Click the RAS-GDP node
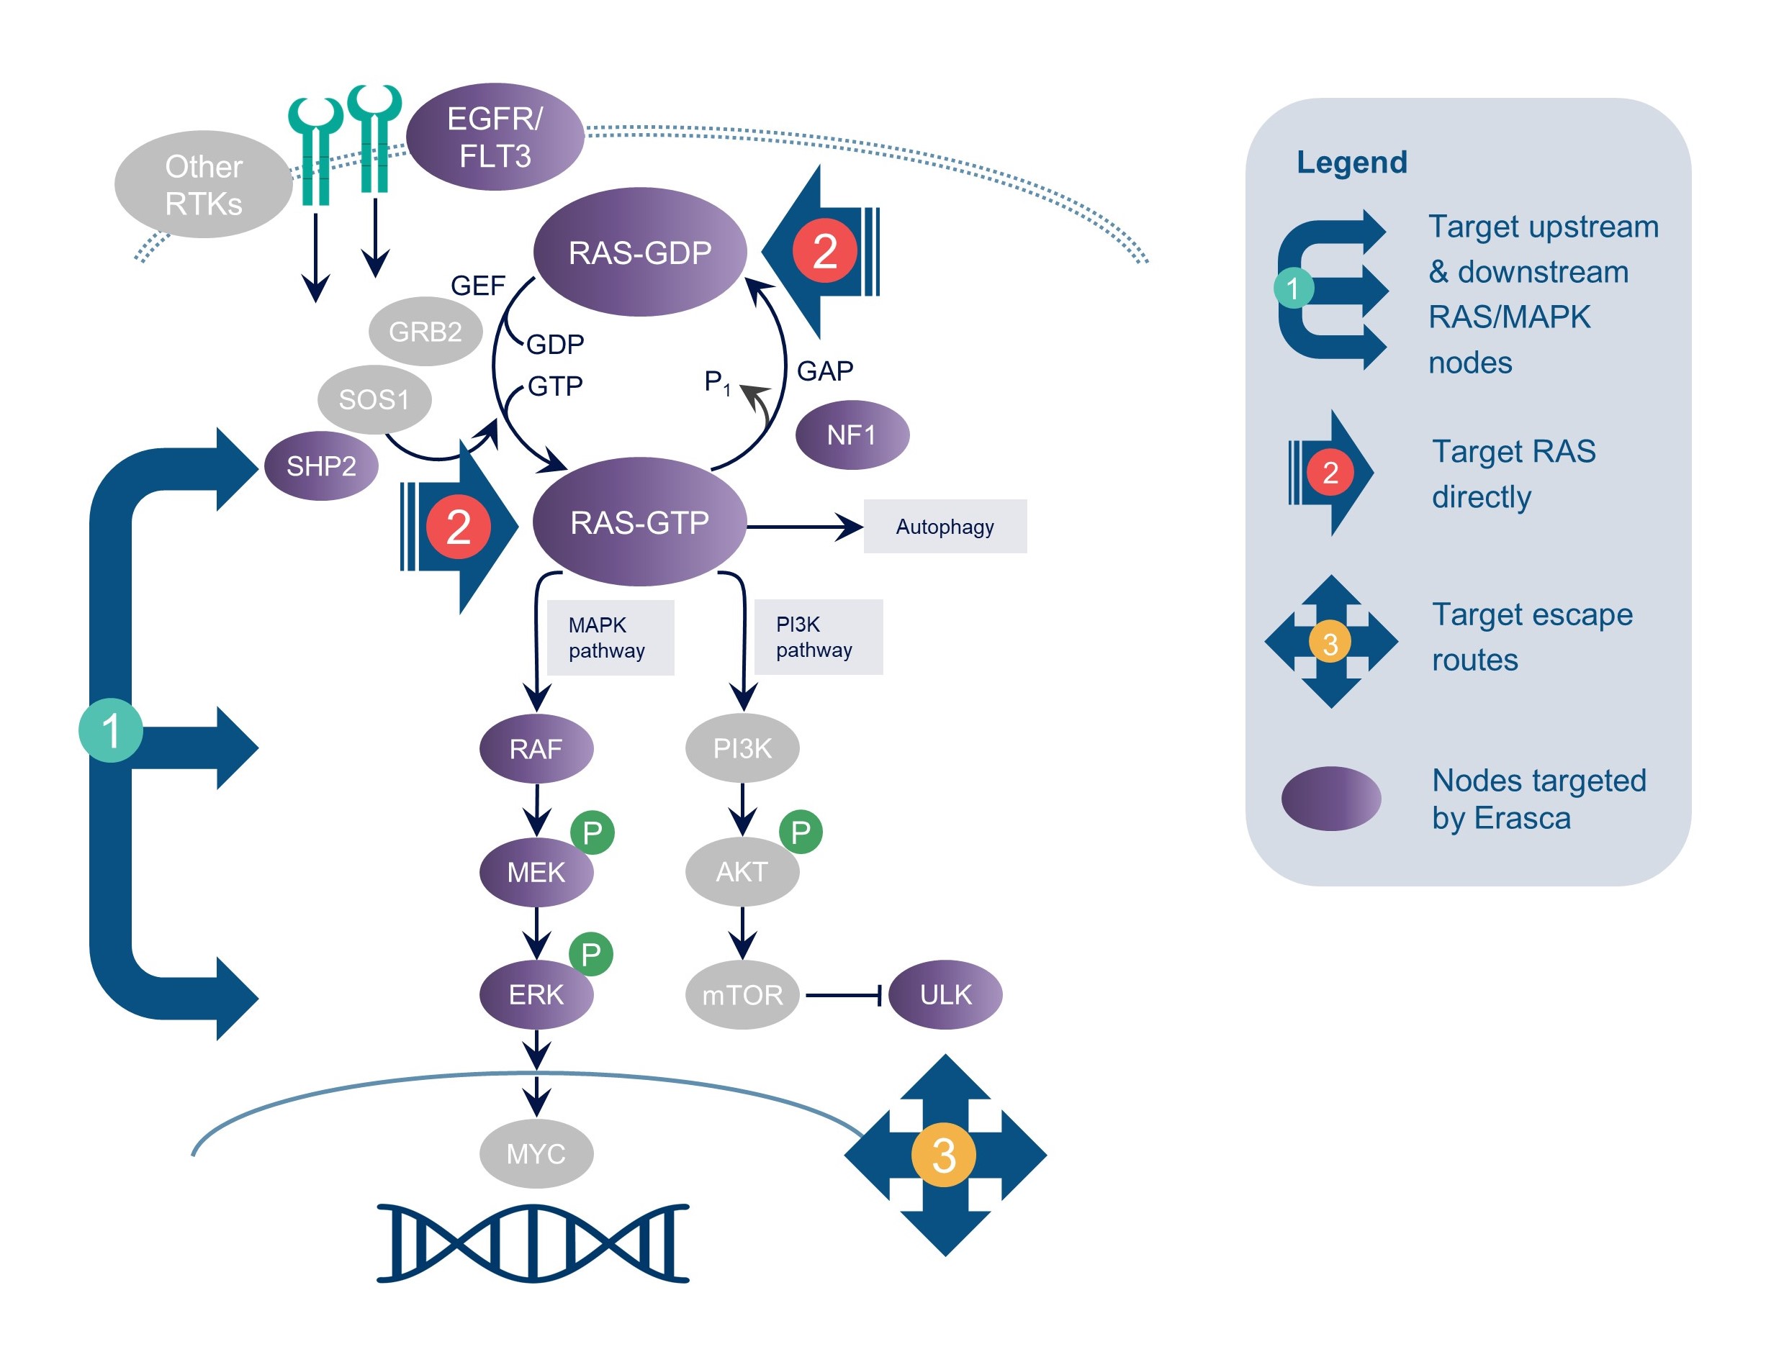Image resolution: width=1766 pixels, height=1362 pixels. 639,253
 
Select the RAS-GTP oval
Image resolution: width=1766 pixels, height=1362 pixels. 639,522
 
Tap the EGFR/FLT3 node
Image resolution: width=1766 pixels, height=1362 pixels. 495,137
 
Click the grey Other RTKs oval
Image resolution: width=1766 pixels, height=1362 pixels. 203,184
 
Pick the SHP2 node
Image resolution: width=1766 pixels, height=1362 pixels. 321,466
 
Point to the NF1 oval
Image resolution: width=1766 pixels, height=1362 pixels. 852,435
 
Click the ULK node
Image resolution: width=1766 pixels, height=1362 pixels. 945,994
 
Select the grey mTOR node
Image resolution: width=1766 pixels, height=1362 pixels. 742,994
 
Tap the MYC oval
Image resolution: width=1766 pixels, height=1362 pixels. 536,1153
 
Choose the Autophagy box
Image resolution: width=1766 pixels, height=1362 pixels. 945,526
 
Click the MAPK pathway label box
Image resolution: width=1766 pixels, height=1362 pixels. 610,637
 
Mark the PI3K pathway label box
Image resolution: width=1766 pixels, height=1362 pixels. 818,636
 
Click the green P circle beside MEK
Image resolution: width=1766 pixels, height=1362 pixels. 592,832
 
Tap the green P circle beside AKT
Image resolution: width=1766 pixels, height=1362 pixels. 801,832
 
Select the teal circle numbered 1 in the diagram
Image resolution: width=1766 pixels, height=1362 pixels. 111,730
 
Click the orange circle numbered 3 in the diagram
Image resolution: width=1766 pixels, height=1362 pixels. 944,1155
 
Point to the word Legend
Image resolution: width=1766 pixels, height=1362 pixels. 1351,163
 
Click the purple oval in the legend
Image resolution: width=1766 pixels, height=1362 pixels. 1330,799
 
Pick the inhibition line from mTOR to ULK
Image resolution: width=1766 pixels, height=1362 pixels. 842,995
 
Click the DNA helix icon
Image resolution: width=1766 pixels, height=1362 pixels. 533,1243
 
